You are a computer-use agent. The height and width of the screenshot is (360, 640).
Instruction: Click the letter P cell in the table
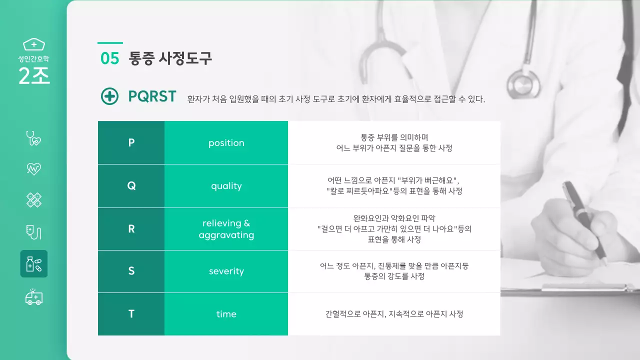tap(131, 143)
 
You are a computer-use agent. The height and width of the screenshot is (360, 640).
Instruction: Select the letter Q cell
tap(131, 186)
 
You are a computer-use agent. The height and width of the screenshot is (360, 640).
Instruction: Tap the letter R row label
tap(131, 229)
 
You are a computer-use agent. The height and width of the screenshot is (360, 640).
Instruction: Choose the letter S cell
tap(131, 271)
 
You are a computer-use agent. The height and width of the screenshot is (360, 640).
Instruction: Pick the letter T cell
tap(131, 314)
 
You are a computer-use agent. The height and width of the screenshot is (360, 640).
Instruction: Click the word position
tap(226, 143)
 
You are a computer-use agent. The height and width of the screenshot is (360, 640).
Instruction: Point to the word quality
tap(226, 186)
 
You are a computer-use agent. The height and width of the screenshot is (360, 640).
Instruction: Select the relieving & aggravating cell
tap(226, 229)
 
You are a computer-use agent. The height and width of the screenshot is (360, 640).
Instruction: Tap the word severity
tap(226, 271)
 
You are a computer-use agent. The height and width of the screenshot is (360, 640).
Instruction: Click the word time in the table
tap(226, 314)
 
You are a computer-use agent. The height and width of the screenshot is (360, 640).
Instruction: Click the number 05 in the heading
tap(109, 58)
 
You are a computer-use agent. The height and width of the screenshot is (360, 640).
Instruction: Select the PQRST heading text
tap(152, 96)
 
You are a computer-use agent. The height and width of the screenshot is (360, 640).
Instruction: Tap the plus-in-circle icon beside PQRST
tap(109, 96)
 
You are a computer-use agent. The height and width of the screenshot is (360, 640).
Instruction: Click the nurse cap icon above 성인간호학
tap(34, 44)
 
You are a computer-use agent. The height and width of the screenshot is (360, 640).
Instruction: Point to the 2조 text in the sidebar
tap(34, 75)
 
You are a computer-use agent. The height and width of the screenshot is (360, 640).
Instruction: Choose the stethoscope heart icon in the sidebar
tap(33, 137)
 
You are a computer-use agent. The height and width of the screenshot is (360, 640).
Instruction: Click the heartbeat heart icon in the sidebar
tap(33, 169)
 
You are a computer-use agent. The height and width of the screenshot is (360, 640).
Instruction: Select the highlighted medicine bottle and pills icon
tap(33, 263)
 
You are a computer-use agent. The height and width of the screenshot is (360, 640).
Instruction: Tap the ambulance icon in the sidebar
tap(33, 297)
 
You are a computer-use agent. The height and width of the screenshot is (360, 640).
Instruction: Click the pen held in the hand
tap(582, 220)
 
